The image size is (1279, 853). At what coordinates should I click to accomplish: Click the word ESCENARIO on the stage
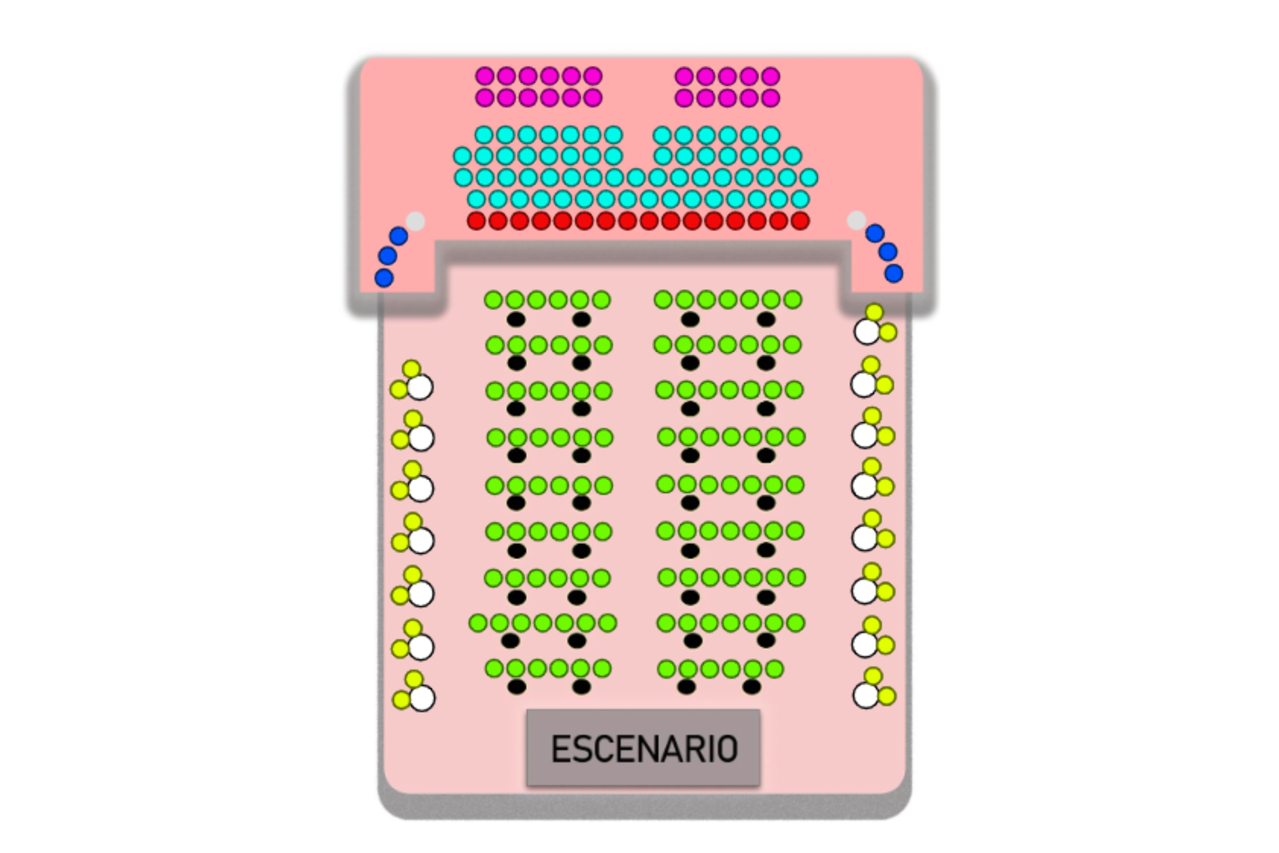tap(644, 749)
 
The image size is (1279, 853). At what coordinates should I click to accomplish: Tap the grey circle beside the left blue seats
tap(415, 221)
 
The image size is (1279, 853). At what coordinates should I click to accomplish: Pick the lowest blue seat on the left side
tap(384, 278)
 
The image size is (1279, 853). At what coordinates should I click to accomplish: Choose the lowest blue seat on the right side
tap(894, 273)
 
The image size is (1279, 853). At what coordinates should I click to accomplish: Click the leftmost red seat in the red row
tap(476, 221)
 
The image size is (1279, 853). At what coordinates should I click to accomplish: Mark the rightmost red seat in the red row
tap(800, 221)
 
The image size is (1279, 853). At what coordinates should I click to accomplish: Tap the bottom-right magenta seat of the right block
tap(770, 98)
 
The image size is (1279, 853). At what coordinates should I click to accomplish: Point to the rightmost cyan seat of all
tap(809, 177)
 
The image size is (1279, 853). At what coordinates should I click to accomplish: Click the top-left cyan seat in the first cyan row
tap(483, 135)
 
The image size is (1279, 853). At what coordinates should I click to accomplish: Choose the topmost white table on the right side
tap(867, 331)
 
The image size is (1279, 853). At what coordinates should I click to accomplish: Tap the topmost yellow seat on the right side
tap(874, 312)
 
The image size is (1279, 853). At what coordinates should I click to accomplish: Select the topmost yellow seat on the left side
tap(412, 369)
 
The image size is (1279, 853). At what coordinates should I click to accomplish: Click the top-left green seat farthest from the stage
tap(493, 299)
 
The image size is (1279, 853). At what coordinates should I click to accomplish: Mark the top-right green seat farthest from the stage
tap(793, 299)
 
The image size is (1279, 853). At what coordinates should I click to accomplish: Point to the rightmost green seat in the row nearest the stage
tap(774, 669)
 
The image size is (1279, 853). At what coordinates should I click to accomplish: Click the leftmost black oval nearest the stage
tap(517, 687)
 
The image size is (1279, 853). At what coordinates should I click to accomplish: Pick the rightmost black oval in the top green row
tap(766, 319)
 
